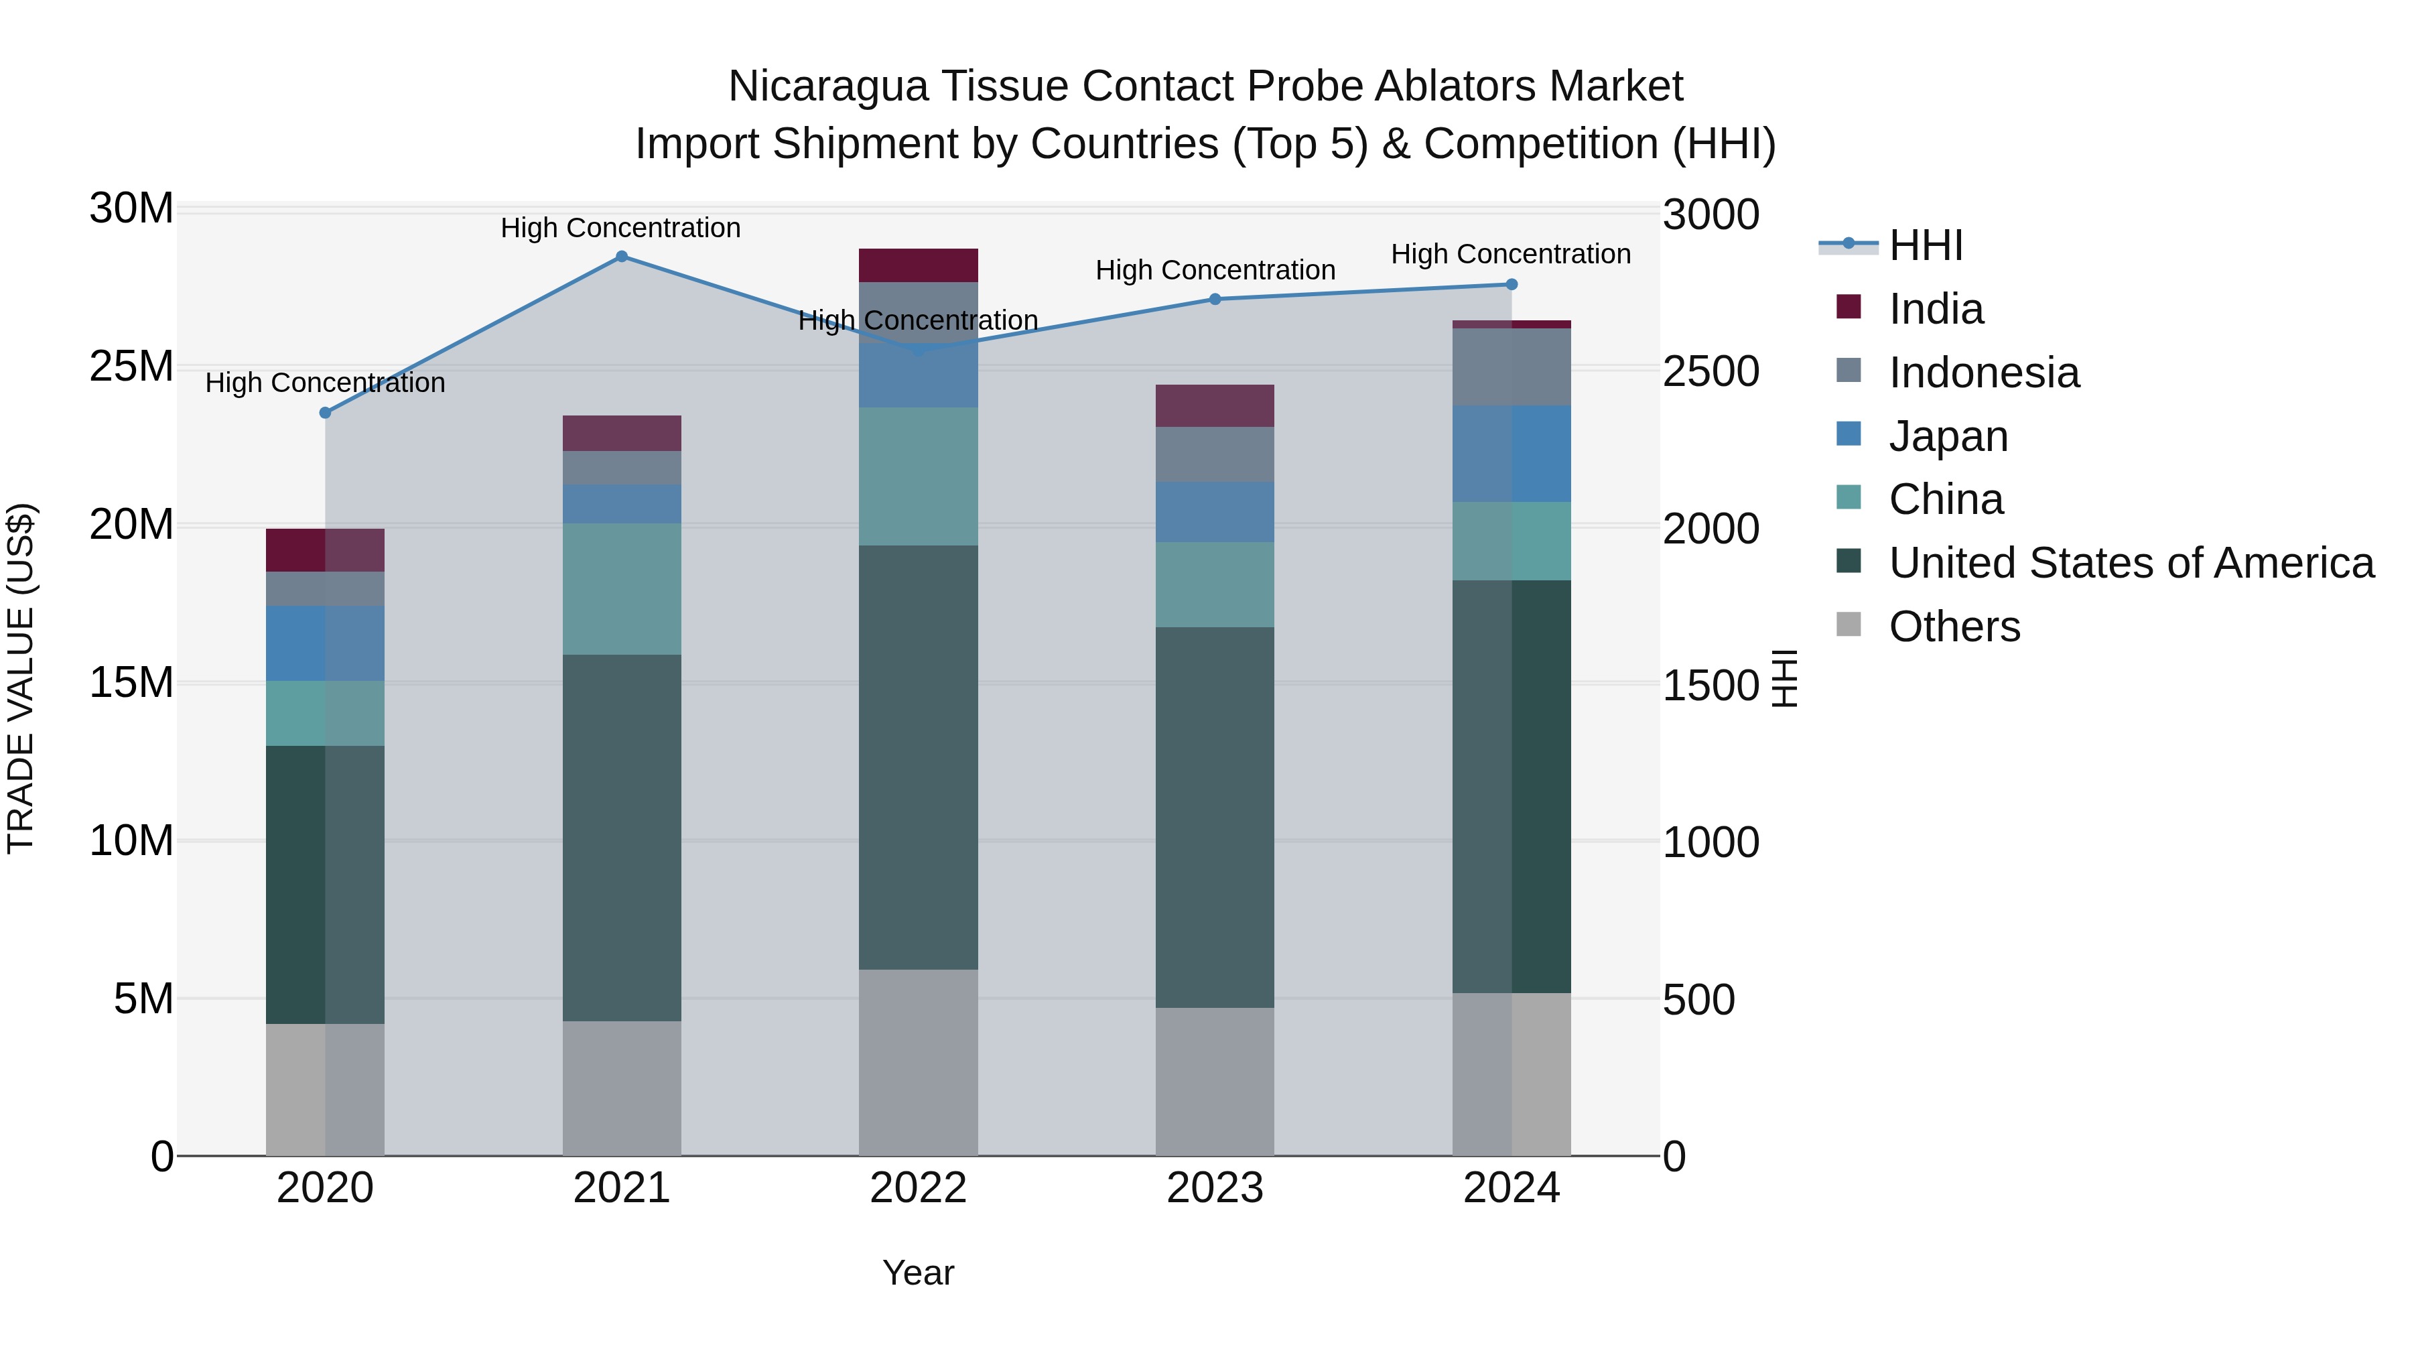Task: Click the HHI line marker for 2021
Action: (x=621, y=257)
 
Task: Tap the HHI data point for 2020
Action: (x=325, y=413)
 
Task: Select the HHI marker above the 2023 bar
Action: (x=1215, y=300)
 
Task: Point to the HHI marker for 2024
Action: (x=1512, y=285)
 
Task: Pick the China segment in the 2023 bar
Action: (x=1215, y=584)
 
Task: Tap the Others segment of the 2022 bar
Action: (x=918, y=1062)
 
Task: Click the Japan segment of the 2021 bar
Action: (x=621, y=504)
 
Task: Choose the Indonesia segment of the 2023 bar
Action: (x=1215, y=455)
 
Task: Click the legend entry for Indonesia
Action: (x=1983, y=373)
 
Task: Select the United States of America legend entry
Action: (x=2130, y=563)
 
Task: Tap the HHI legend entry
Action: (x=1925, y=245)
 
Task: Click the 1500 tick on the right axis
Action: (x=1711, y=686)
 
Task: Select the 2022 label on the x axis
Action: (x=918, y=1188)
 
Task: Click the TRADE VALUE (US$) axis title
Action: (x=21, y=678)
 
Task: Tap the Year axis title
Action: (x=918, y=1273)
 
